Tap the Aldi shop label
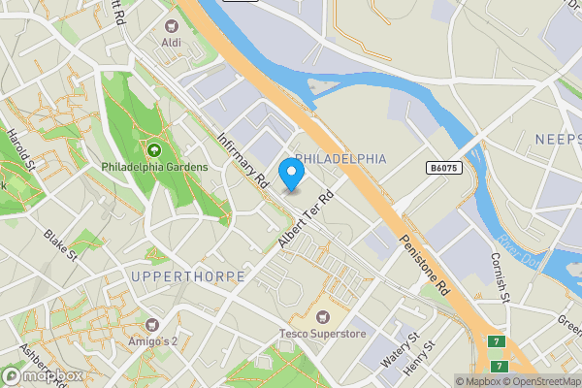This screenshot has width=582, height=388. click(x=172, y=43)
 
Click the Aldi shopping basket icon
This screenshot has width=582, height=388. click(x=173, y=26)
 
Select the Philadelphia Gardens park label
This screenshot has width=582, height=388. click(x=154, y=167)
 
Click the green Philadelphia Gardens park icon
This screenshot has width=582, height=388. click(x=153, y=150)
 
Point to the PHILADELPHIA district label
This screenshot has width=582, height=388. click(x=340, y=158)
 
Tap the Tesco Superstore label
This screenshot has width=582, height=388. click(x=321, y=335)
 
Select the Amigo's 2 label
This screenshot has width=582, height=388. click(x=151, y=341)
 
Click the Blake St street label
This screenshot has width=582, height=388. click(x=60, y=246)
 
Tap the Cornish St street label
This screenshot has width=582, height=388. click(x=500, y=277)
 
